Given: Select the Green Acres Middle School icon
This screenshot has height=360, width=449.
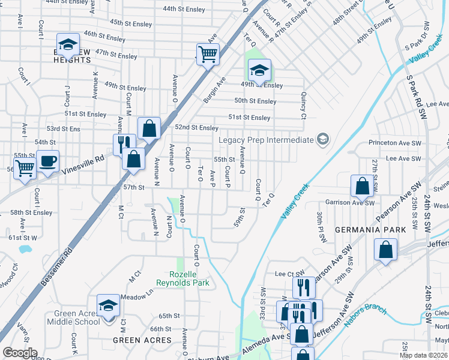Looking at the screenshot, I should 108,306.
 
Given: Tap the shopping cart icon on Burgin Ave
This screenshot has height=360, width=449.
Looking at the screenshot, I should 208,55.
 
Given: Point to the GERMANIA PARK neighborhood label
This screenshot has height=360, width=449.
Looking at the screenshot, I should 379,230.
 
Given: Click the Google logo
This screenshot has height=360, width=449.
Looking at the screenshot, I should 20,353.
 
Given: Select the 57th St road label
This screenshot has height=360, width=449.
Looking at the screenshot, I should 134,188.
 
